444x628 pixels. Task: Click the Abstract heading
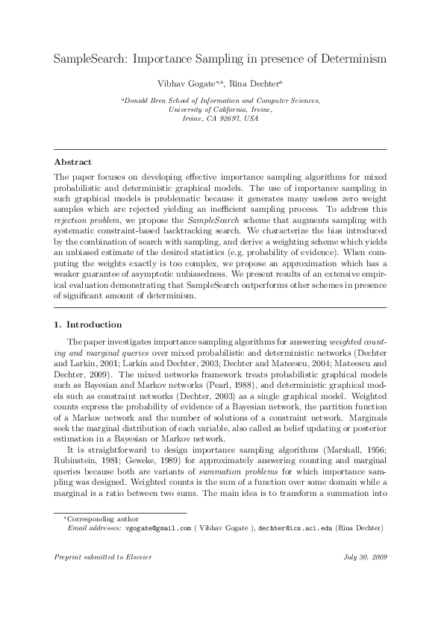point(72,162)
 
